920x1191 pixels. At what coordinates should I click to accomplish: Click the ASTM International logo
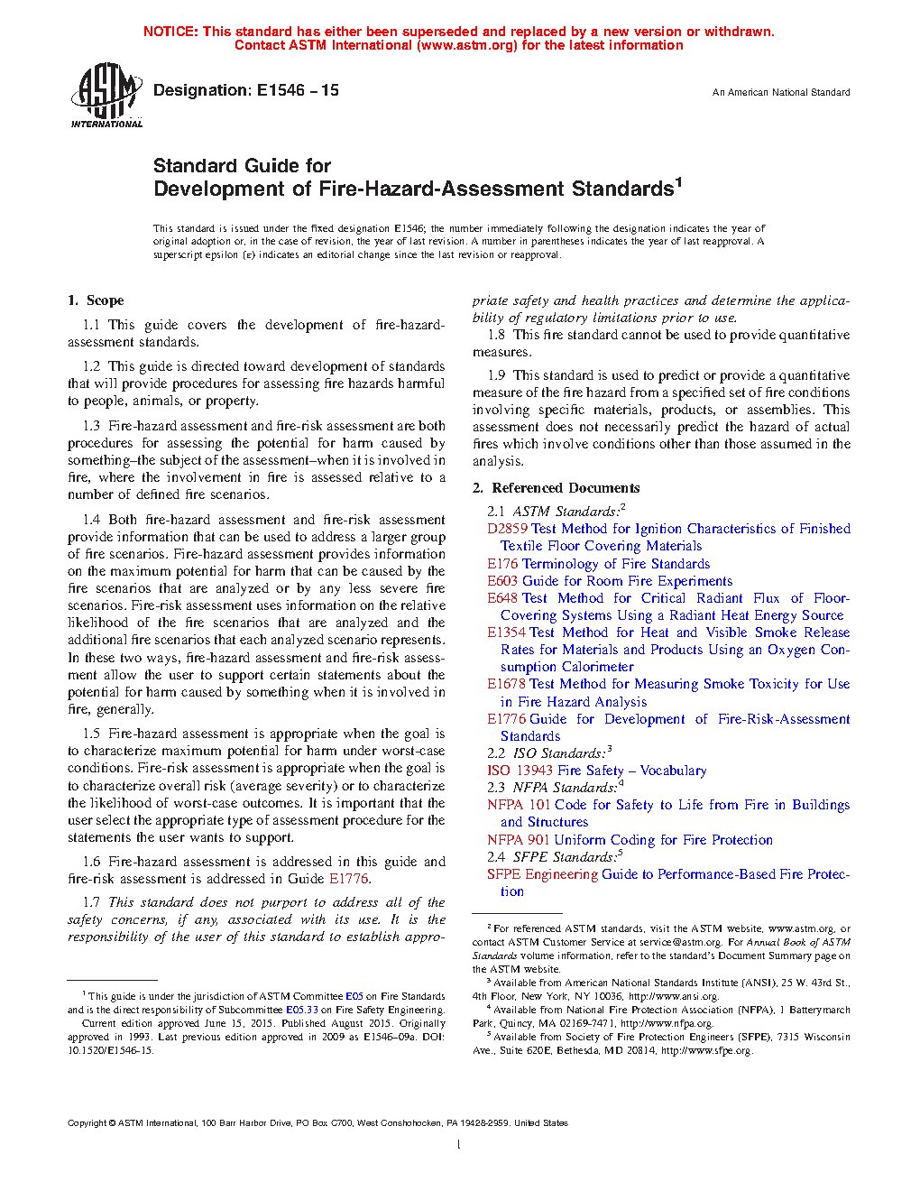[106, 95]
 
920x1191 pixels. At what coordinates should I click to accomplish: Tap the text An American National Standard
[781, 92]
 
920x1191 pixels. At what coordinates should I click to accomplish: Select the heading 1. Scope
[96, 300]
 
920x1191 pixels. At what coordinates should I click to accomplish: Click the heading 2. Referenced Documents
[557, 488]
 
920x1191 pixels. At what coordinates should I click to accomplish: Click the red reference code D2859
[507, 529]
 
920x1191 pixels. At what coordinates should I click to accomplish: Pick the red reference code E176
[502, 564]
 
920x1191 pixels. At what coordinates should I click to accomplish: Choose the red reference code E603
[502, 581]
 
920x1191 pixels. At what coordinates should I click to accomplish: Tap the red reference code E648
[502, 598]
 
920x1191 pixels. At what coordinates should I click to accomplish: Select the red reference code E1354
[506, 632]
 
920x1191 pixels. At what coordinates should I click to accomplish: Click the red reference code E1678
[506, 684]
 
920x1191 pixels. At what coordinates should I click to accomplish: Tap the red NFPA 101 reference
[519, 805]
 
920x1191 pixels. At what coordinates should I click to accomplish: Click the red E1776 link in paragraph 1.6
[349, 879]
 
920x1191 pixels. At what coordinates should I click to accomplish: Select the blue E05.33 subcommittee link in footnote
[302, 1010]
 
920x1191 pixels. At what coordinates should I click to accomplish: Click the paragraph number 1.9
[496, 375]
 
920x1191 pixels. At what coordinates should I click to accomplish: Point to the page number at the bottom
[459, 1144]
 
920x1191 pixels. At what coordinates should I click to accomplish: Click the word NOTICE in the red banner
[170, 32]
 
